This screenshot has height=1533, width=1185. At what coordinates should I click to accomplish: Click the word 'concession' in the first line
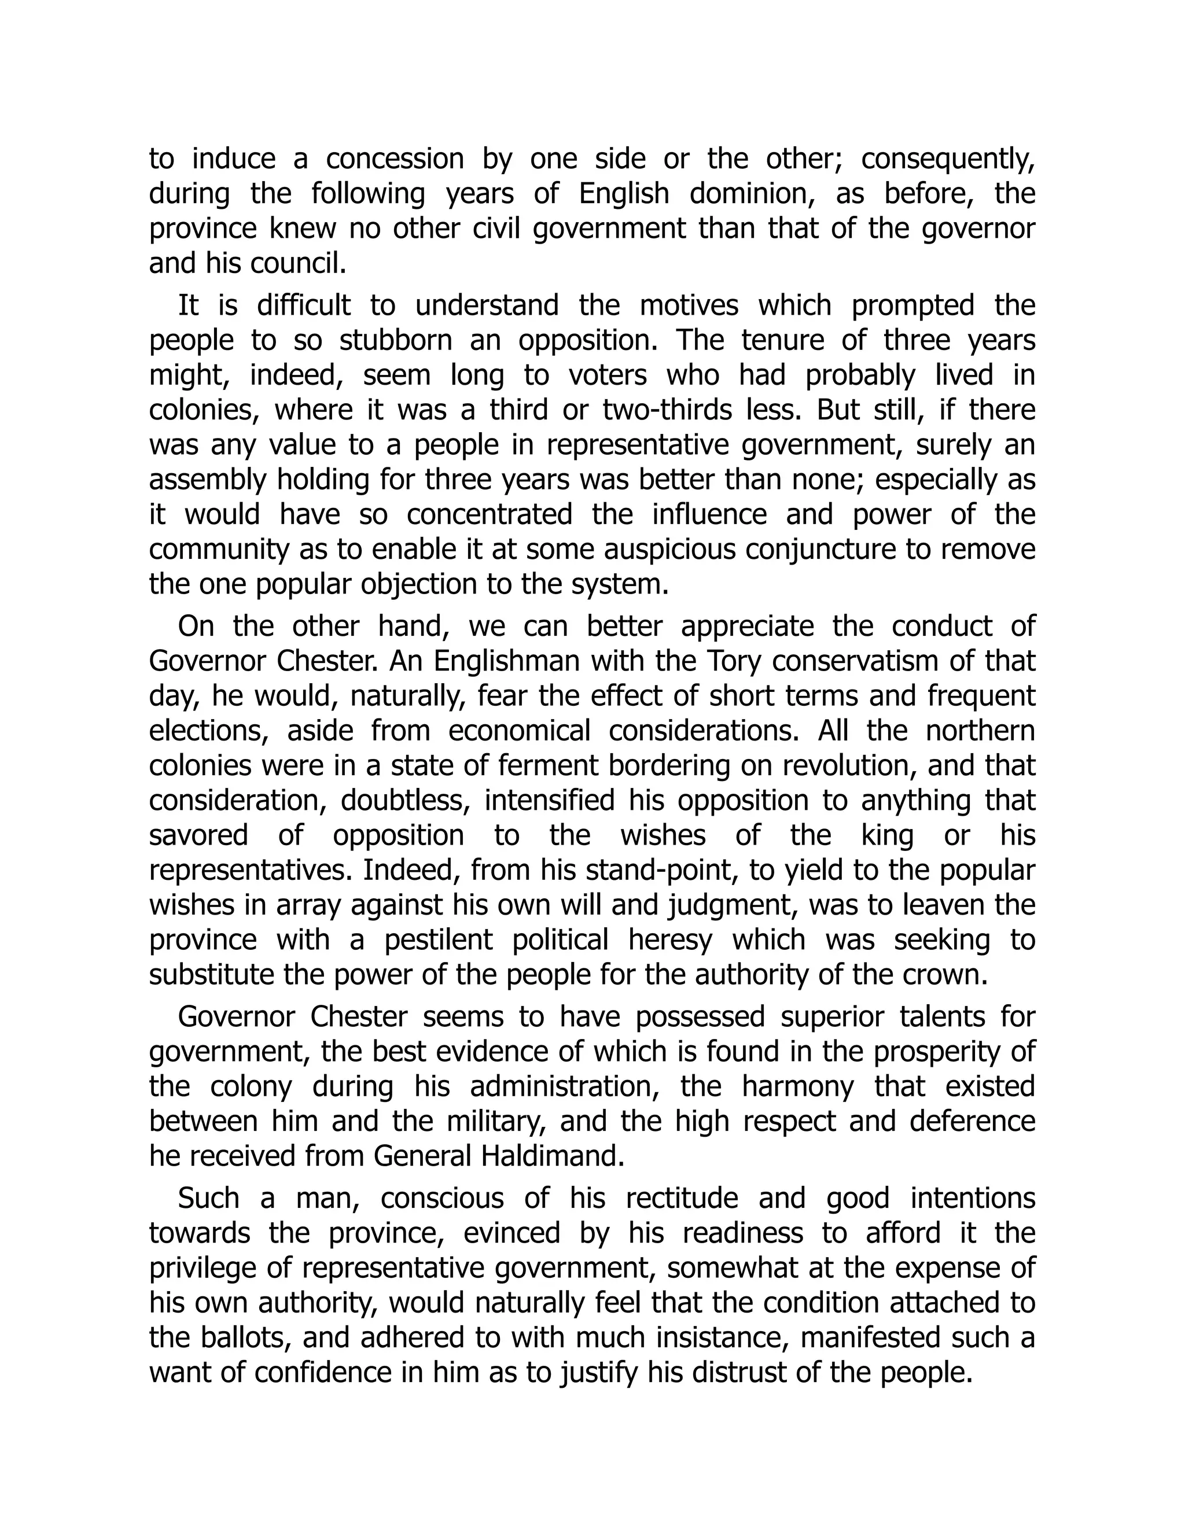pyautogui.click(x=395, y=159)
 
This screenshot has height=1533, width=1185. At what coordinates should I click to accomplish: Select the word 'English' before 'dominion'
pyautogui.click(x=624, y=194)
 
